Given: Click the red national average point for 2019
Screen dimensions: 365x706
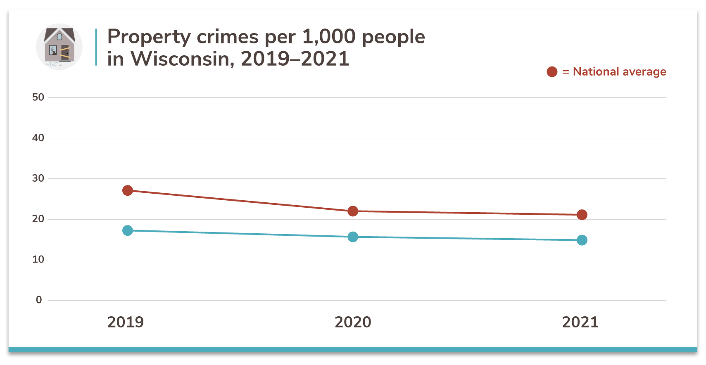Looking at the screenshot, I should [128, 190].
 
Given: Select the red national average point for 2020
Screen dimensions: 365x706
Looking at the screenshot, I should [353, 211].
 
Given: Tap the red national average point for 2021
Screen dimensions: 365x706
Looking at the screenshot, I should [582, 215].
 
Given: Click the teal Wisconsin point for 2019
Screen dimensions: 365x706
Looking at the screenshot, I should [128, 230].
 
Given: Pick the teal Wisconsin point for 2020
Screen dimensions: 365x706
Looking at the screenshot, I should [353, 237].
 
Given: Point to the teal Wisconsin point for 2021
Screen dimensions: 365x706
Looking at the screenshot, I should [582, 240].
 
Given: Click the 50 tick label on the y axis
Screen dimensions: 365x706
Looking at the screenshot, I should [38, 97].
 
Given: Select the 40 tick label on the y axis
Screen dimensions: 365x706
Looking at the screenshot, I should [38, 138].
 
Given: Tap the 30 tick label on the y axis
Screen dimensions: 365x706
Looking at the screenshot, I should [38, 178].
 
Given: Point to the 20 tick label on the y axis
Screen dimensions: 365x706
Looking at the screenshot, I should [38, 219].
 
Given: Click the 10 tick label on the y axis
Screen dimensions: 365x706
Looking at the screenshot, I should [38, 259].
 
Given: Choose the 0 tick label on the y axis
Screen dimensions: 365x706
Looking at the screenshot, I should [39, 300].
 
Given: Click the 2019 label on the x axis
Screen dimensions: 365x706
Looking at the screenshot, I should [126, 322].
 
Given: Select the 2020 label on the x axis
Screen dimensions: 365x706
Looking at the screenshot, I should [353, 322].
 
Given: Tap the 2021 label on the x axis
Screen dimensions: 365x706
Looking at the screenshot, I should [580, 322].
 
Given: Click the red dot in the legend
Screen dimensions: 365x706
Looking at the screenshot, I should [552, 72].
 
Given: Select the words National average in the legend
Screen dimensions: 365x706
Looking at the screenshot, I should [619, 72].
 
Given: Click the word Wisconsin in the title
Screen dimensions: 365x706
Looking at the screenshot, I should [182, 59].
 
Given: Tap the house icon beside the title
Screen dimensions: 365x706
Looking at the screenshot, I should [59, 46].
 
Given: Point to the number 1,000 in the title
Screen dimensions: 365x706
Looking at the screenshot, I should [328, 37].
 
